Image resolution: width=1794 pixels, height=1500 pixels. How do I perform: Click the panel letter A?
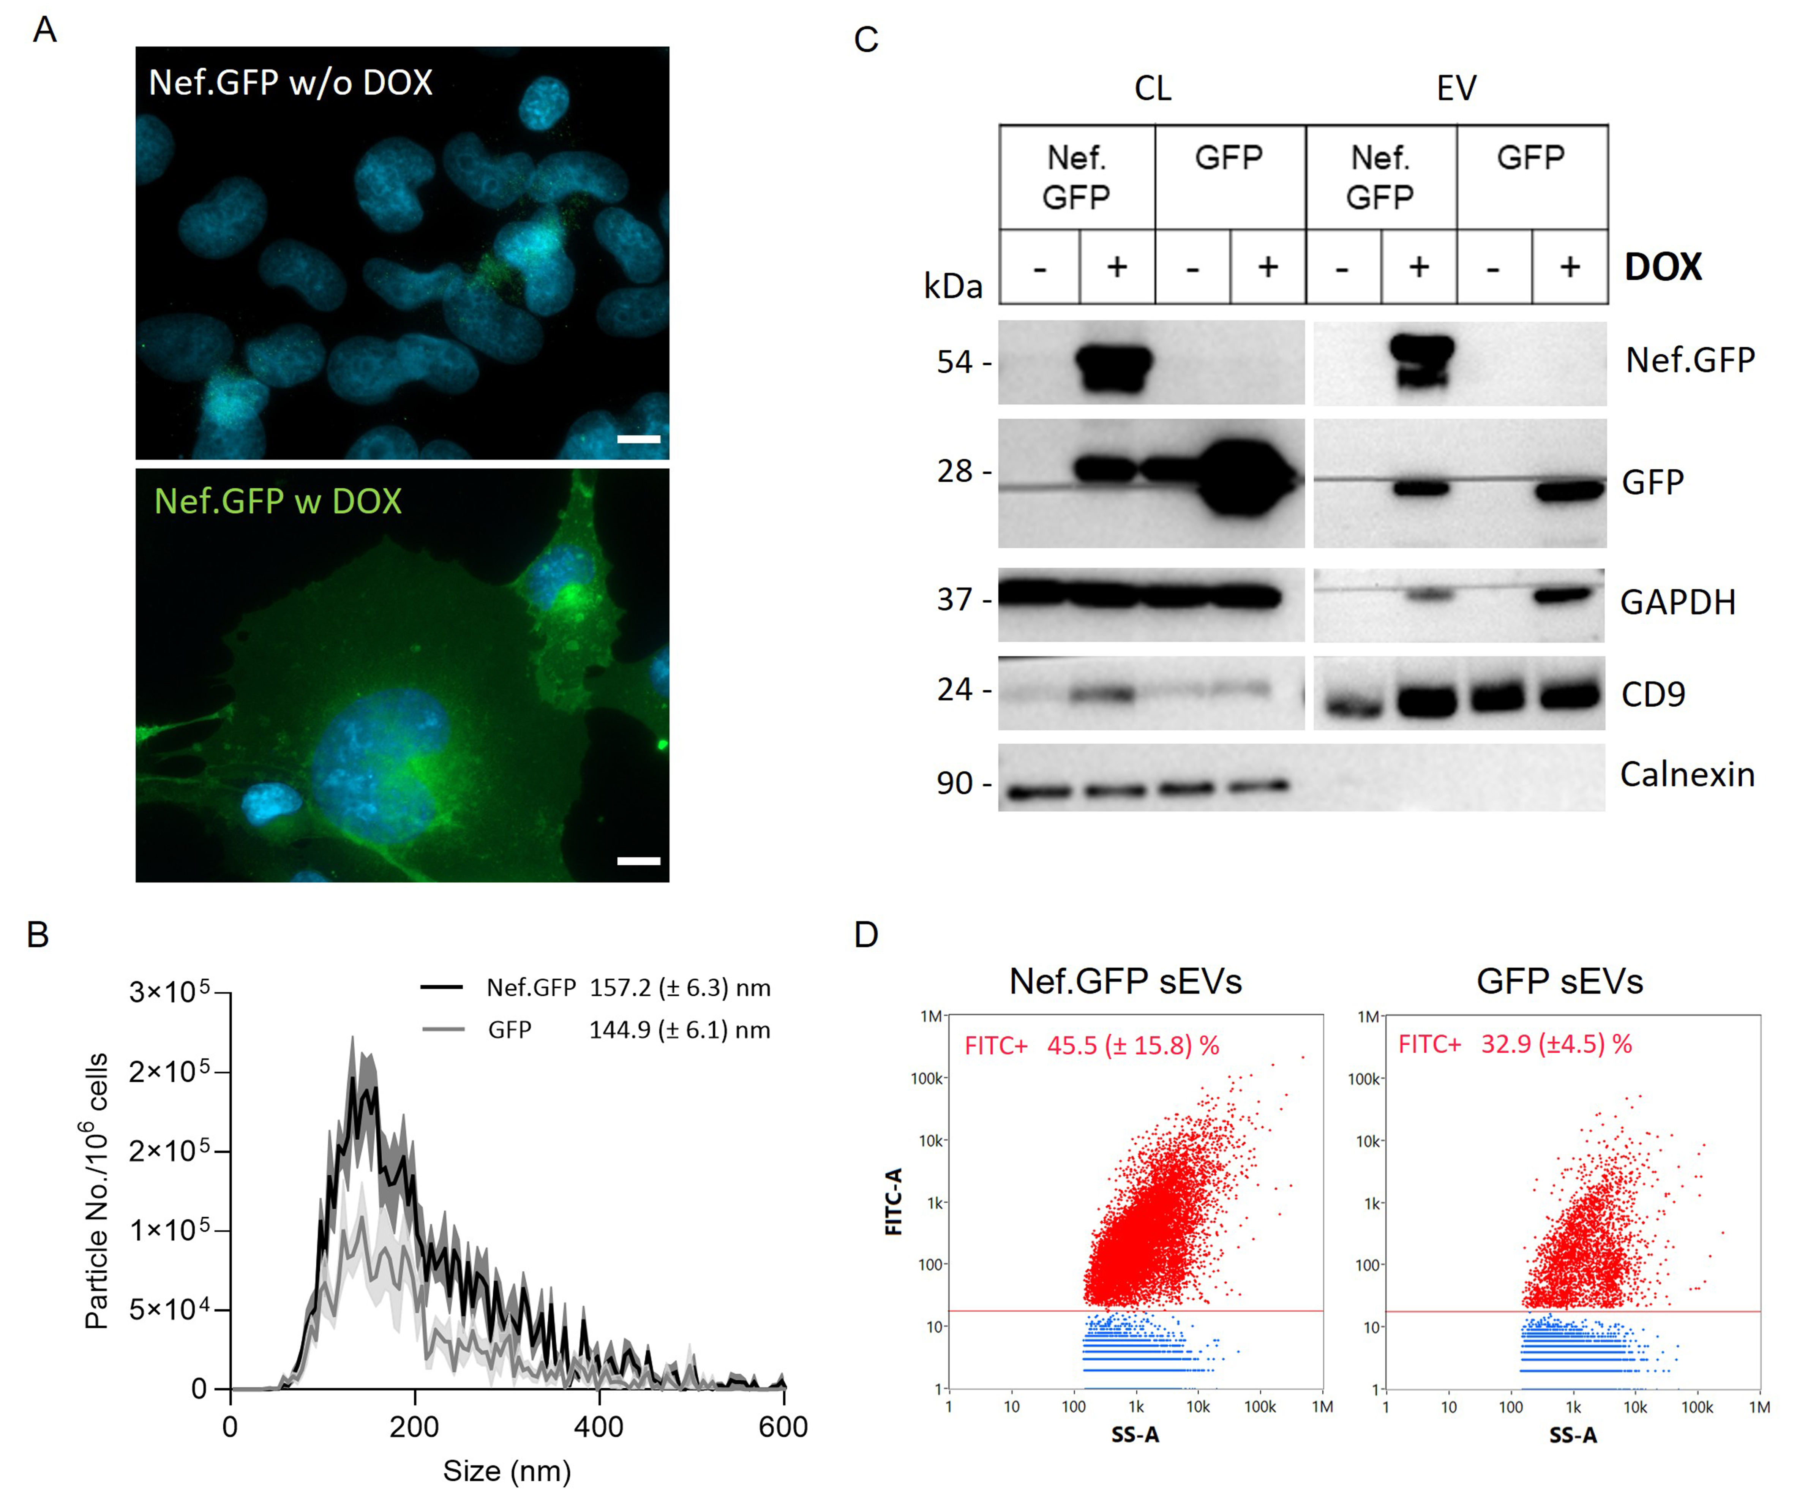(x=44, y=31)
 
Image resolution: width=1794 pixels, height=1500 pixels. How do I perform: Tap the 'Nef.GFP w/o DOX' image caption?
(x=291, y=83)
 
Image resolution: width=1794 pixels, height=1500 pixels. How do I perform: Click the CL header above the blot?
(x=1153, y=88)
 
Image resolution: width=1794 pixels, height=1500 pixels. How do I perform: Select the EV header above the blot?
(x=1456, y=88)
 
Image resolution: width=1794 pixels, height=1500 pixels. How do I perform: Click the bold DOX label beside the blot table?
(x=1663, y=267)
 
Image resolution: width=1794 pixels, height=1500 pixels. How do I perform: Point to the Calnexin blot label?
(x=1687, y=775)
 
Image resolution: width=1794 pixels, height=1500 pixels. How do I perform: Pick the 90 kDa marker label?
(x=954, y=783)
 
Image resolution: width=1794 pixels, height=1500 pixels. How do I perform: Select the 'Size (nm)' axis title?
(x=507, y=1471)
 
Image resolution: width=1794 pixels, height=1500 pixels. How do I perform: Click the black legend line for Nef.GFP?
(x=442, y=987)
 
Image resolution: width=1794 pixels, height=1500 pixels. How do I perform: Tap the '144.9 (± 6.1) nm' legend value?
(x=679, y=1030)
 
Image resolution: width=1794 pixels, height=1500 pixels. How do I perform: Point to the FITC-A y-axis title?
(x=894, y=1202)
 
